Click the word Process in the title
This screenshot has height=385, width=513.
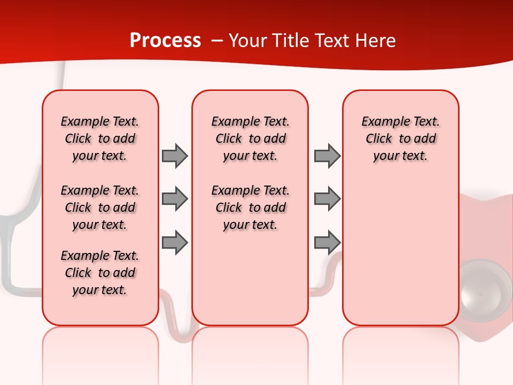coord(165,41)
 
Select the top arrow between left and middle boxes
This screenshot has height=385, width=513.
coord(175,156)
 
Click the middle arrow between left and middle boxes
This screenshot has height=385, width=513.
coord(175,199)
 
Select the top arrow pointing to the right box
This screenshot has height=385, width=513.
coord(327,156)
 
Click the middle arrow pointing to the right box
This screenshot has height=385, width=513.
coord(327,199)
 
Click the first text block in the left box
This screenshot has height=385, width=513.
coord(100,138)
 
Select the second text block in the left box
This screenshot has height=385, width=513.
coord(100,207)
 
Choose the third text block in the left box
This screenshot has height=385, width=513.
coord(100,273)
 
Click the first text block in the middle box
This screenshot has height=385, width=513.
coord(250,138)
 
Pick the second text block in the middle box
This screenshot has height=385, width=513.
coord(250,207)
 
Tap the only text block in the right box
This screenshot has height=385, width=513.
coord(400,138)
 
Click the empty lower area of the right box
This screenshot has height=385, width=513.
coord(400,257)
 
